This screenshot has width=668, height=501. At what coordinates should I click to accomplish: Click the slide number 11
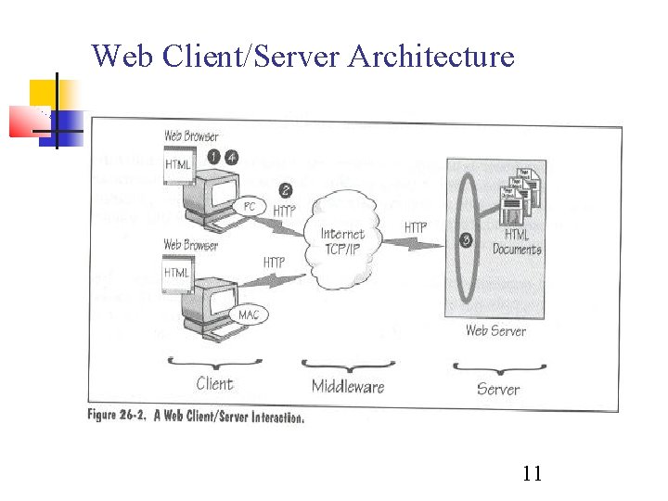click(x=532, y=474)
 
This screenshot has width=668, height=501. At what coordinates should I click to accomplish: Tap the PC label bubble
click(x=249, y=206)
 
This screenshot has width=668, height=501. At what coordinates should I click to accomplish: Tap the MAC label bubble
click(x=250, y=315)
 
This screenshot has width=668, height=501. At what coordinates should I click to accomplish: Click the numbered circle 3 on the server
click(x=467, y=239)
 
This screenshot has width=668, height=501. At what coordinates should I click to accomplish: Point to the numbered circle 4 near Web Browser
click(x=231, y=158)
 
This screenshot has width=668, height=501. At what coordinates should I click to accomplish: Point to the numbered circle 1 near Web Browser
click(x=213, y=158)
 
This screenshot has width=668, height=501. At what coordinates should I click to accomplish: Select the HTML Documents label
click(x=517, y=242)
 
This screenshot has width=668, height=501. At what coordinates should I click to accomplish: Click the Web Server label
click(x=495, y=330)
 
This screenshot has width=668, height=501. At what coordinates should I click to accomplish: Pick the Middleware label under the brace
click(x=348, y=387)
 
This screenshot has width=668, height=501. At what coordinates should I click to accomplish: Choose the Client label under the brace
click(x=214, y=383)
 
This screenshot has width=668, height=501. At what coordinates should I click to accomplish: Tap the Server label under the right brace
click(x=498, y=389)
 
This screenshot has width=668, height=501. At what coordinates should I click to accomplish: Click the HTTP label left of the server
click(x=416, y=227)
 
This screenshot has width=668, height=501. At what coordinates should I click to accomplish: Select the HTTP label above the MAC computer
click(x=274, y=263)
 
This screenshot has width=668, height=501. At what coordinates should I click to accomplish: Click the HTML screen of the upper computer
click(x=178, y=165)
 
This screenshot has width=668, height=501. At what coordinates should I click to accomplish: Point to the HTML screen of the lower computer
click(x=177, y=274)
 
